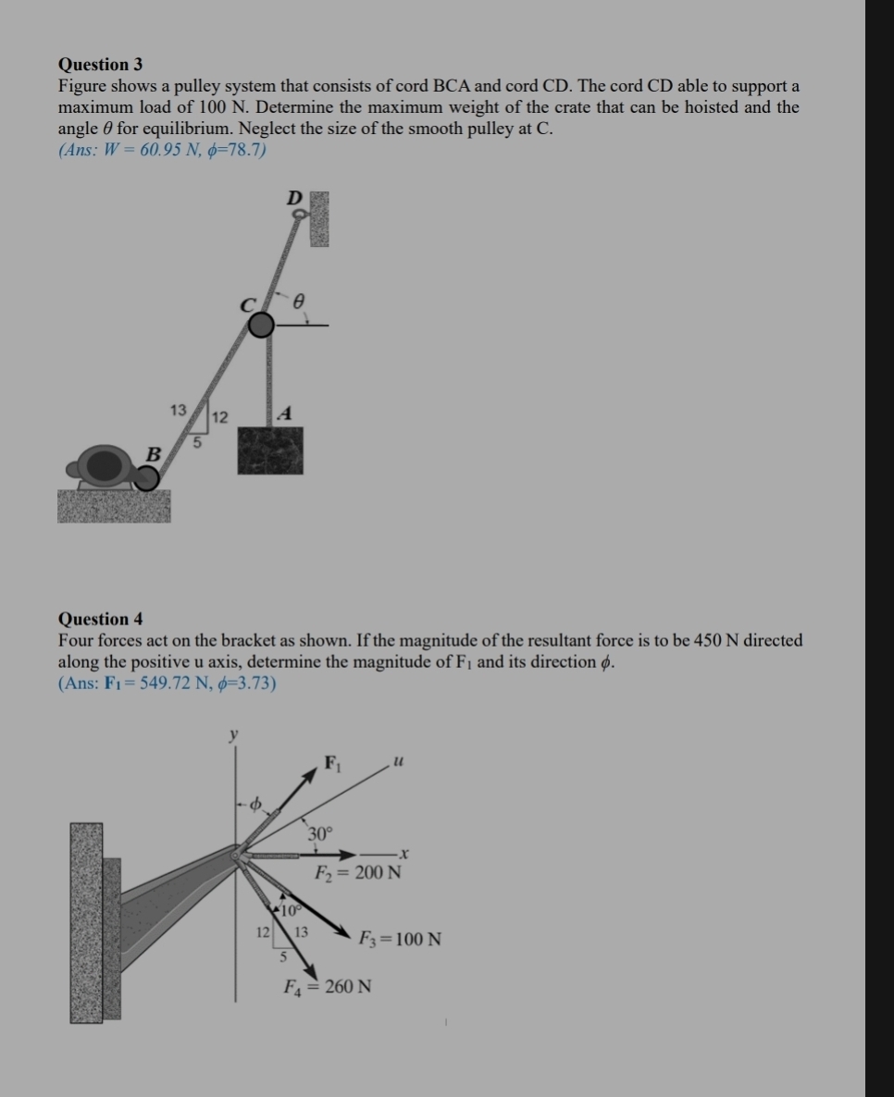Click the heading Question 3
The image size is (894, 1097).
pos(100,65)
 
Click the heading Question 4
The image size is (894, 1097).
pos(100,619)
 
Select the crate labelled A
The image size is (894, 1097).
pos(270,450)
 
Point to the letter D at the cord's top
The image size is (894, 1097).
pos(294,197)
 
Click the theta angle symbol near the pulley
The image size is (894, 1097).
pos(298,301)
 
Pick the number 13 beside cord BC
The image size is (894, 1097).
pos(178,409)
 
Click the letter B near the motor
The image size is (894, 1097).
pos(155,453)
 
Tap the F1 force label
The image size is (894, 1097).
pos(331,764)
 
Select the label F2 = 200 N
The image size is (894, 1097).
pos(357,872)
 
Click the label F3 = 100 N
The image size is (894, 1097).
pos(400,940)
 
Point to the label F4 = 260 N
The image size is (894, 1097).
pos(327,986)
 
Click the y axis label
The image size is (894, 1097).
pos(233,733)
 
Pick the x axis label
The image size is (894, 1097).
pos(404,852)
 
